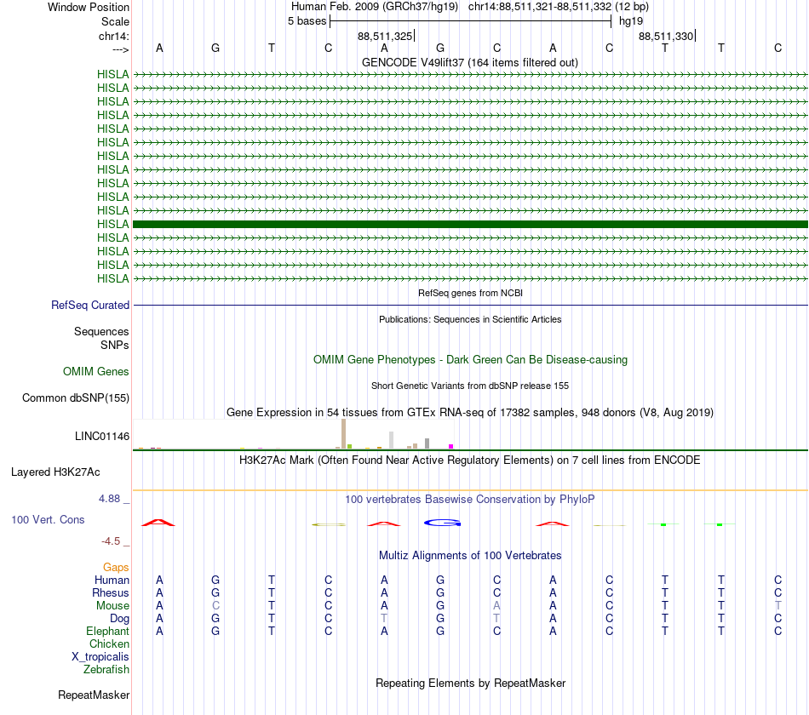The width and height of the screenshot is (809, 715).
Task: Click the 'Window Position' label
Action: [89, 7]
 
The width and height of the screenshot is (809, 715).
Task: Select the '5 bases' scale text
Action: [307, 20]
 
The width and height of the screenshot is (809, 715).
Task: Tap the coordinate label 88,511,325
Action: [385, 36]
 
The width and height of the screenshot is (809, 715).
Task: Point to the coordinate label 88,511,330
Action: [665, 36]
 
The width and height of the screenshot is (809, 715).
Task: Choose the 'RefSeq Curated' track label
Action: [90, 305]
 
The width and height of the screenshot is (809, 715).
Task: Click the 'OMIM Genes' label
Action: [96, 371]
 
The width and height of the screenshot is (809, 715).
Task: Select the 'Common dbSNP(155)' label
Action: [76, 398]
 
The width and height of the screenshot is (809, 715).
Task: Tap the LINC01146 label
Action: [102, 436]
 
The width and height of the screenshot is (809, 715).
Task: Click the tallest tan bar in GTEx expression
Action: [343, 433]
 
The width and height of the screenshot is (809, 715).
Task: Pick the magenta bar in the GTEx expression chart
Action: [451, 446]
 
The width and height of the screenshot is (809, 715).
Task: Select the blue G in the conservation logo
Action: [442, 522]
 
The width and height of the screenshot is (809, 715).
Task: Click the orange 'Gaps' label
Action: [116, 567]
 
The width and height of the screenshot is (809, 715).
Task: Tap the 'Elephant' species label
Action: [107, 631]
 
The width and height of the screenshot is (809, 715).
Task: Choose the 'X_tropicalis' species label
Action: [100, 656]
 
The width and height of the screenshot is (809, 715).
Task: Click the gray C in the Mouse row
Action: [215, 605]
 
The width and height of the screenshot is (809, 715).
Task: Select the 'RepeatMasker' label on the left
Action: [93, 695]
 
